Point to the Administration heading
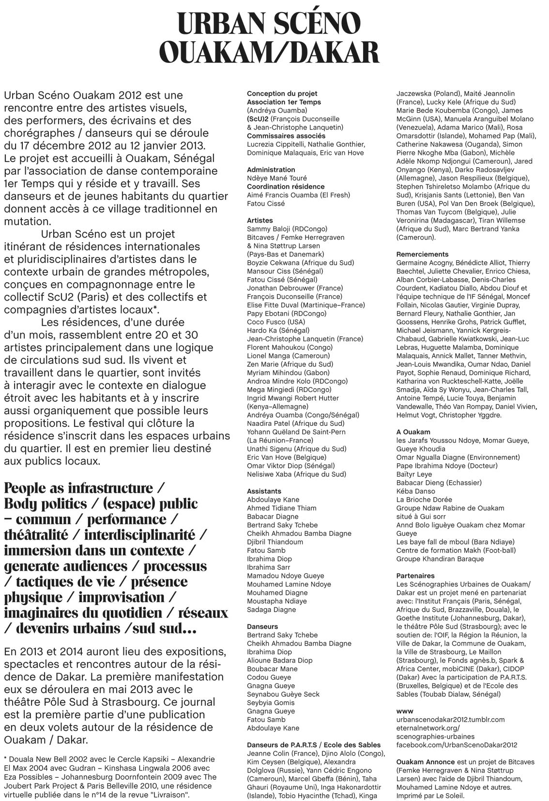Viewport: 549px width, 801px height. point(271,170)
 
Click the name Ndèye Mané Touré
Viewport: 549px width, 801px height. point(277,178)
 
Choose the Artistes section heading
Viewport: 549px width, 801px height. point(259,221)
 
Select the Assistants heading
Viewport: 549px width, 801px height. point(264,491)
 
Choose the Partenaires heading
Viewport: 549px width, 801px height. point(415,576)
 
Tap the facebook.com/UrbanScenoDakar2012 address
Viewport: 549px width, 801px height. point(457,745)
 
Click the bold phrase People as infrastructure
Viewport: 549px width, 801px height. point(78,488)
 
